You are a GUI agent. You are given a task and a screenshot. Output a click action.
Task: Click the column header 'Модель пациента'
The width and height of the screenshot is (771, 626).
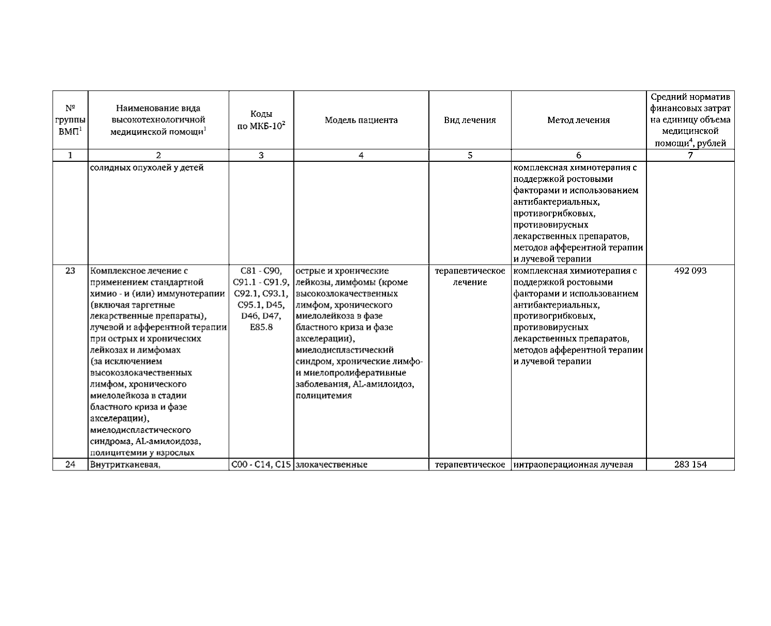(x=361, y=120)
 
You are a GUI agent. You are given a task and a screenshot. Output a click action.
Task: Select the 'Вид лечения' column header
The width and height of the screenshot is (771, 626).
(x=470, y=120)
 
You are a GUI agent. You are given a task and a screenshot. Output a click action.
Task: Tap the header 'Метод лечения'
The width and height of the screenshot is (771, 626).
(x=578, y=120)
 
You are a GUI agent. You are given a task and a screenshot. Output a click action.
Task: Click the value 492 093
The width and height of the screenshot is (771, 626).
(x=690, y=271)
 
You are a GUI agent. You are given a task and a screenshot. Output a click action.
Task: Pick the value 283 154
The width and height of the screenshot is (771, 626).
(x=690, y=464)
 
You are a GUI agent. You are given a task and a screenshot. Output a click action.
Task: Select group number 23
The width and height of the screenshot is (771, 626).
(x=70, y=271)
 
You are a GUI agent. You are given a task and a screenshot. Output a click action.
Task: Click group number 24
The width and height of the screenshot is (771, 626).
(x=70, y=464)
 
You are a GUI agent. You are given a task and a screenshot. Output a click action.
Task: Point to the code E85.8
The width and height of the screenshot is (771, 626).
(x=261, y=327)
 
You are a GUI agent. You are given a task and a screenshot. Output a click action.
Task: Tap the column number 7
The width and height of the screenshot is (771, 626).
(x=690, y=155)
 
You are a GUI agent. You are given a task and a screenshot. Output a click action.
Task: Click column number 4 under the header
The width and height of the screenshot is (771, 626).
(x=361, y=155)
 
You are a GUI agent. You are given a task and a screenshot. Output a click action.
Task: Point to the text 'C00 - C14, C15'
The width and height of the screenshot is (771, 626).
(x=261, y=464)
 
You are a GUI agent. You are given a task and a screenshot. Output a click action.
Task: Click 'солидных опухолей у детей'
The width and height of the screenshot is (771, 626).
(x=147, y=168)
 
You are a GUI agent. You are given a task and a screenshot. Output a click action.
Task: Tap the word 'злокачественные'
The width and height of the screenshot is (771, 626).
(x=331, y=464)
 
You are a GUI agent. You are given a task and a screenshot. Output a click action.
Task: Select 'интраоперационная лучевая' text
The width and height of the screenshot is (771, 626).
(x=574, y=464)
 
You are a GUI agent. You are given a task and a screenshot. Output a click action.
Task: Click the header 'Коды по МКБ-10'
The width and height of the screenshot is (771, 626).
(x=261, y=120)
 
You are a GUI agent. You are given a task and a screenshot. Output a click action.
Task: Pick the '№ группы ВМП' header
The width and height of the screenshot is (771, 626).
(x=70, y=120)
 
